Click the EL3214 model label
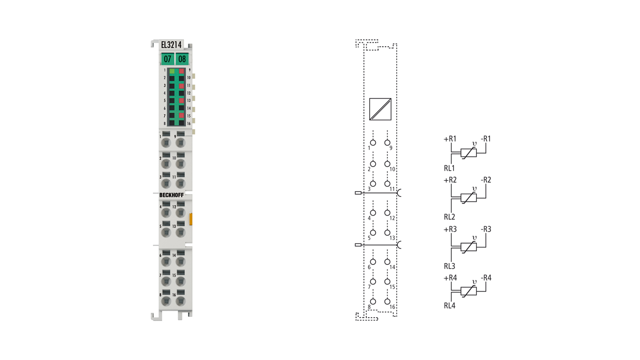click(171, 45)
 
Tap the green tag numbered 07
click(168, 59)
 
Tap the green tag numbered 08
click(182, 59)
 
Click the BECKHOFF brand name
click(172, 195)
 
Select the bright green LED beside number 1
click(172, 71)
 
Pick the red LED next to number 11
click(181, 86)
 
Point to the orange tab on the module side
click(191, 219)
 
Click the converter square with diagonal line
click(380, 109)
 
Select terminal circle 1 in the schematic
click(373, 143)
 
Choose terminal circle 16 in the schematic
click(388, 301)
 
